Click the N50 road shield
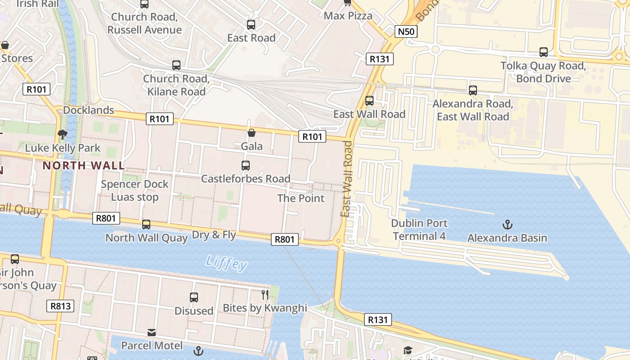click(x=406, y=31)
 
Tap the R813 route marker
click(x=60, y=306)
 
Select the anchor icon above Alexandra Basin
click(x=508, y=224)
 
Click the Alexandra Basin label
click(x=507, y=238)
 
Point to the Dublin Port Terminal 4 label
click(x=419, y=229)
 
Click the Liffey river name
click(x=226, y=263)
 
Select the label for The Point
click(x=301, y=198)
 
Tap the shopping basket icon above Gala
click(x=252, y=133)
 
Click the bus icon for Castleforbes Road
click(x=245, y=165)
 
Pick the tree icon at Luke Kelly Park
click(x=63, y=134)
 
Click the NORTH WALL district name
click(x=84, y=166)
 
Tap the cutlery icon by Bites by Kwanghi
click(x=265, y=295)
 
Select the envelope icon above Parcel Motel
click(x=152, y=333)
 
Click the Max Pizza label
click(x=348, y=16)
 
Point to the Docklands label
click(x=89, y=110)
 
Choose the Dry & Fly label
click(x=214, y=235)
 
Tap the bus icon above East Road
click(x=251, y=25)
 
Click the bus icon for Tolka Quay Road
click(x=543, y=52)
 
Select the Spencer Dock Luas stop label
click(x=135, y=191)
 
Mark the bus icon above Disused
click(x=193, y=297)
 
